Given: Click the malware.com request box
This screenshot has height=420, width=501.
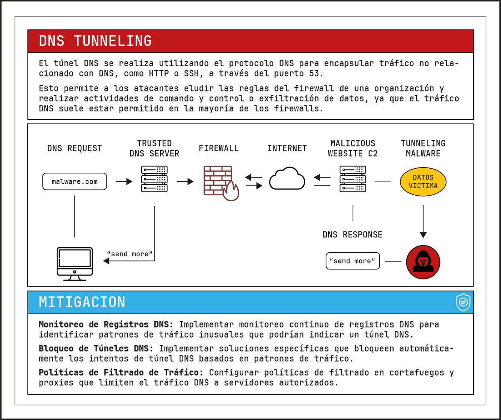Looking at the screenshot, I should (x=75, y=181).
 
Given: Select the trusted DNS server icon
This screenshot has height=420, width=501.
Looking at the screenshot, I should (x=154, y=179).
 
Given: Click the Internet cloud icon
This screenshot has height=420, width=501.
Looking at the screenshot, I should (x=287, y=179).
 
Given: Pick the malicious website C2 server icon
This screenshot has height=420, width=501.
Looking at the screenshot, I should (x=353, y=179).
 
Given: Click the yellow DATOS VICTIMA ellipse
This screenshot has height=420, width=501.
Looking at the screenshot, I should (x=423, y=182).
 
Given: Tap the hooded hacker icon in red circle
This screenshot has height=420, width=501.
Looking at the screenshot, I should (x=423, y=262).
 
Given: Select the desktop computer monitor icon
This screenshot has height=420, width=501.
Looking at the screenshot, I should (x=75, y=263).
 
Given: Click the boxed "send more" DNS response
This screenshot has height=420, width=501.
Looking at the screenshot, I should (x=353, y=261).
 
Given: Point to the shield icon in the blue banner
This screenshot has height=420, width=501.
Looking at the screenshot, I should (x=463, y=302).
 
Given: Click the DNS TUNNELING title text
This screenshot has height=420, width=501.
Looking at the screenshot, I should (x=95, y=41).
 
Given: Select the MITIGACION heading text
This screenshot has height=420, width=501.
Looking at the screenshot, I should (x=82, y=302).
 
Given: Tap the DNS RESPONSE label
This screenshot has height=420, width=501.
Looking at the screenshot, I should (x=352, y=235).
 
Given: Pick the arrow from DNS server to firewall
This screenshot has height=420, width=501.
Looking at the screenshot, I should (x=185, y=182).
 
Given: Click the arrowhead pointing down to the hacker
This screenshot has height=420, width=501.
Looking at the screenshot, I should (x=423, y=235).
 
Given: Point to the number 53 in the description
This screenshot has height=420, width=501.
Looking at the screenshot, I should (x=314, y=73).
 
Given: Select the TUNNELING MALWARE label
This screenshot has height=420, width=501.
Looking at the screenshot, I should (x=423, y=148).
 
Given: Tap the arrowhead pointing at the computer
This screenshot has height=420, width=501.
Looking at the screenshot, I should (x=106, y=261).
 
